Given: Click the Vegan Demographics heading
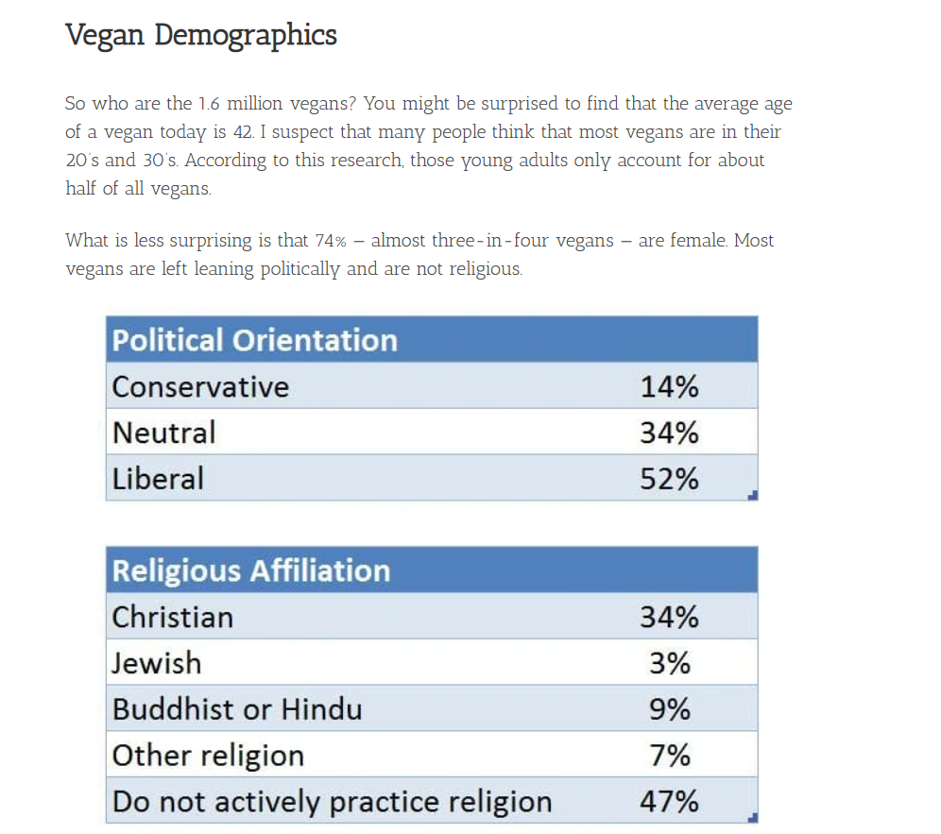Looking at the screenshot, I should pos(201,36).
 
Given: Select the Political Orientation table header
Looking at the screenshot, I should pos(255,340).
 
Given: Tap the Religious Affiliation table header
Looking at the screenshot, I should pos(251,570).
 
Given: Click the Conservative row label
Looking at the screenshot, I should pos(200,387).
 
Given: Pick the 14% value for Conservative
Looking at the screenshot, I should pos(669,387).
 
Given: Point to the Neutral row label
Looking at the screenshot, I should pos(164,433).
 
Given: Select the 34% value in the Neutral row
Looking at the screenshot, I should pos(669,433).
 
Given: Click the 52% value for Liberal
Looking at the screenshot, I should pos(669,479).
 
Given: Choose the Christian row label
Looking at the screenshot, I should pos(173,617).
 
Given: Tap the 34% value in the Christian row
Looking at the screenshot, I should pos(669,617).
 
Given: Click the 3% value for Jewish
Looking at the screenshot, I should pos(670,663).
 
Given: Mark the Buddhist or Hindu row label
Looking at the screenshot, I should pos(237,709).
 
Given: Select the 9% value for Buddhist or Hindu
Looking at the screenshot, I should pos(670,709).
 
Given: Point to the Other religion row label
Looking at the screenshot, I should pos(208,756).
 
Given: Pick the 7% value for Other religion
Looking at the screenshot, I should pos(670,756).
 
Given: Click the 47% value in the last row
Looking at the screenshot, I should pos(669,802).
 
